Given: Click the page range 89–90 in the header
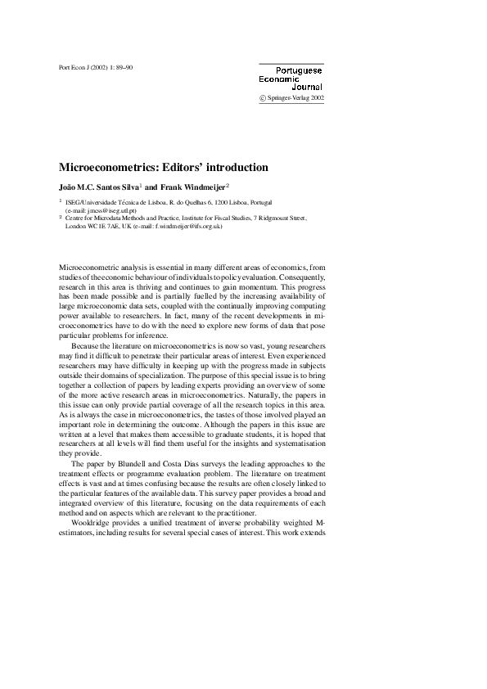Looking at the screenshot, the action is (x=122, y=67).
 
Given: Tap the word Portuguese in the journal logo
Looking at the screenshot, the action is (x=299, y=70).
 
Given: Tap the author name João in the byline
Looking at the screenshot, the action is (x=69, y=186).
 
